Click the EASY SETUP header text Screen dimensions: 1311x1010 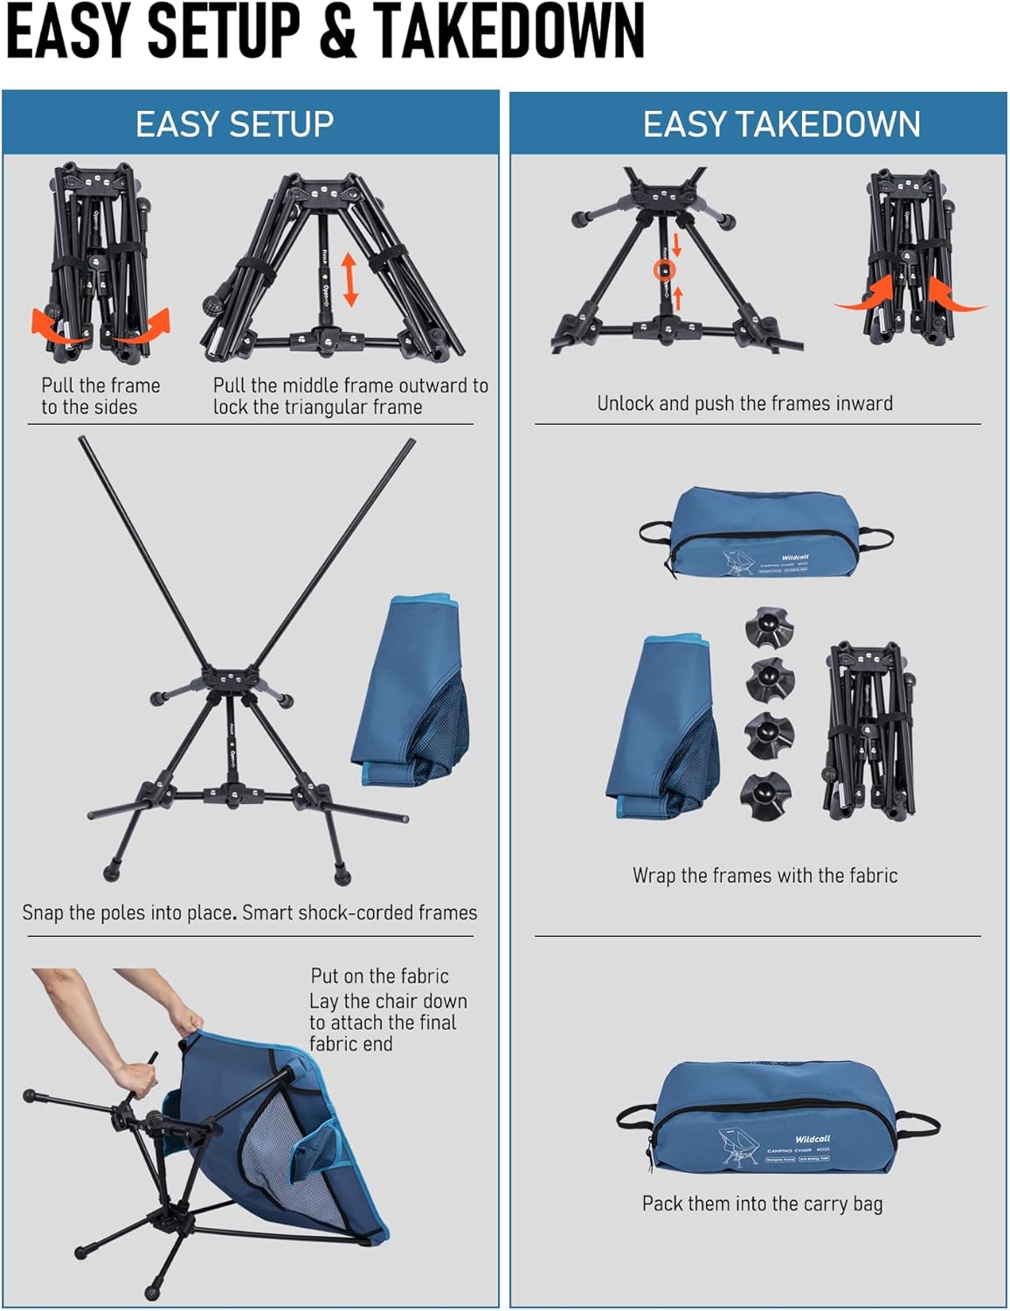pos(234,124)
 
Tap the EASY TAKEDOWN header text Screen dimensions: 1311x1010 pos(781,124)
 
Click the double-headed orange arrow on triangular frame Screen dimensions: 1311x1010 pos(350,280)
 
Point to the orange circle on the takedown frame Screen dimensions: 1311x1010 pos(665,270)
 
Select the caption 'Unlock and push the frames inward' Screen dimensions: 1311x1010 pos(744,404)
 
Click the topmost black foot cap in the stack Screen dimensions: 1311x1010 pos(768,627)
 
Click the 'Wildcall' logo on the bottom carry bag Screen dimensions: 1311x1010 pos(813,1140)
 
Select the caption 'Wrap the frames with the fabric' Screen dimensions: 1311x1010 pos(764,876)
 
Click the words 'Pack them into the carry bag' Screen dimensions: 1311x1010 pos(762,1204)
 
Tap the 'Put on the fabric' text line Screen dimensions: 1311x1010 pos(379,976)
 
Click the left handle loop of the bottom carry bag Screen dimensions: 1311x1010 pos(635,1116)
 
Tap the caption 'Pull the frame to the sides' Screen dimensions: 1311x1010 pos(100,396)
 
